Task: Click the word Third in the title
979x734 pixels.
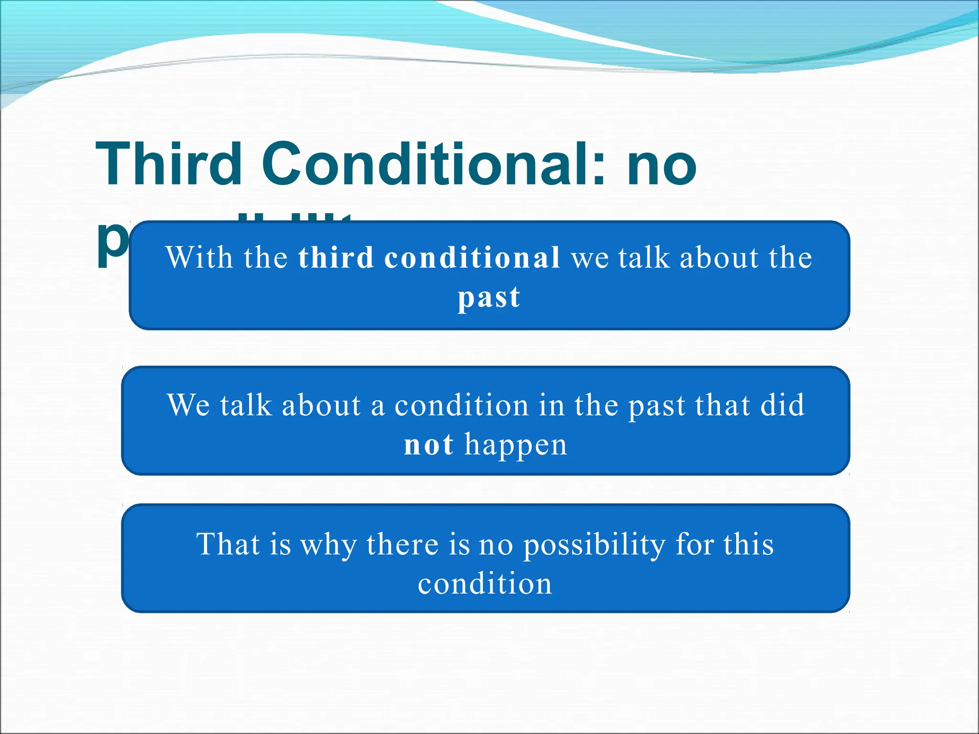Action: [x=169, y=164]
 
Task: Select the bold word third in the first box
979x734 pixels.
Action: [x=336, y=258]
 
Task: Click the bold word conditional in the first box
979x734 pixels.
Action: [x=472, y=258]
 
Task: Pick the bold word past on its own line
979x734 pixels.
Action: [x=489, y=298]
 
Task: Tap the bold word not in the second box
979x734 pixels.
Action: [x=428, y=445]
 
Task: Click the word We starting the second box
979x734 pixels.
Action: [x=188, y=405]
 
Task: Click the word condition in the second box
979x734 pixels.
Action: [x=461, y=405]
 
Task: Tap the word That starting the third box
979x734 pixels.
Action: [x=228, y=544]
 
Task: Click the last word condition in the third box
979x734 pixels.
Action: [x=485, y=584]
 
